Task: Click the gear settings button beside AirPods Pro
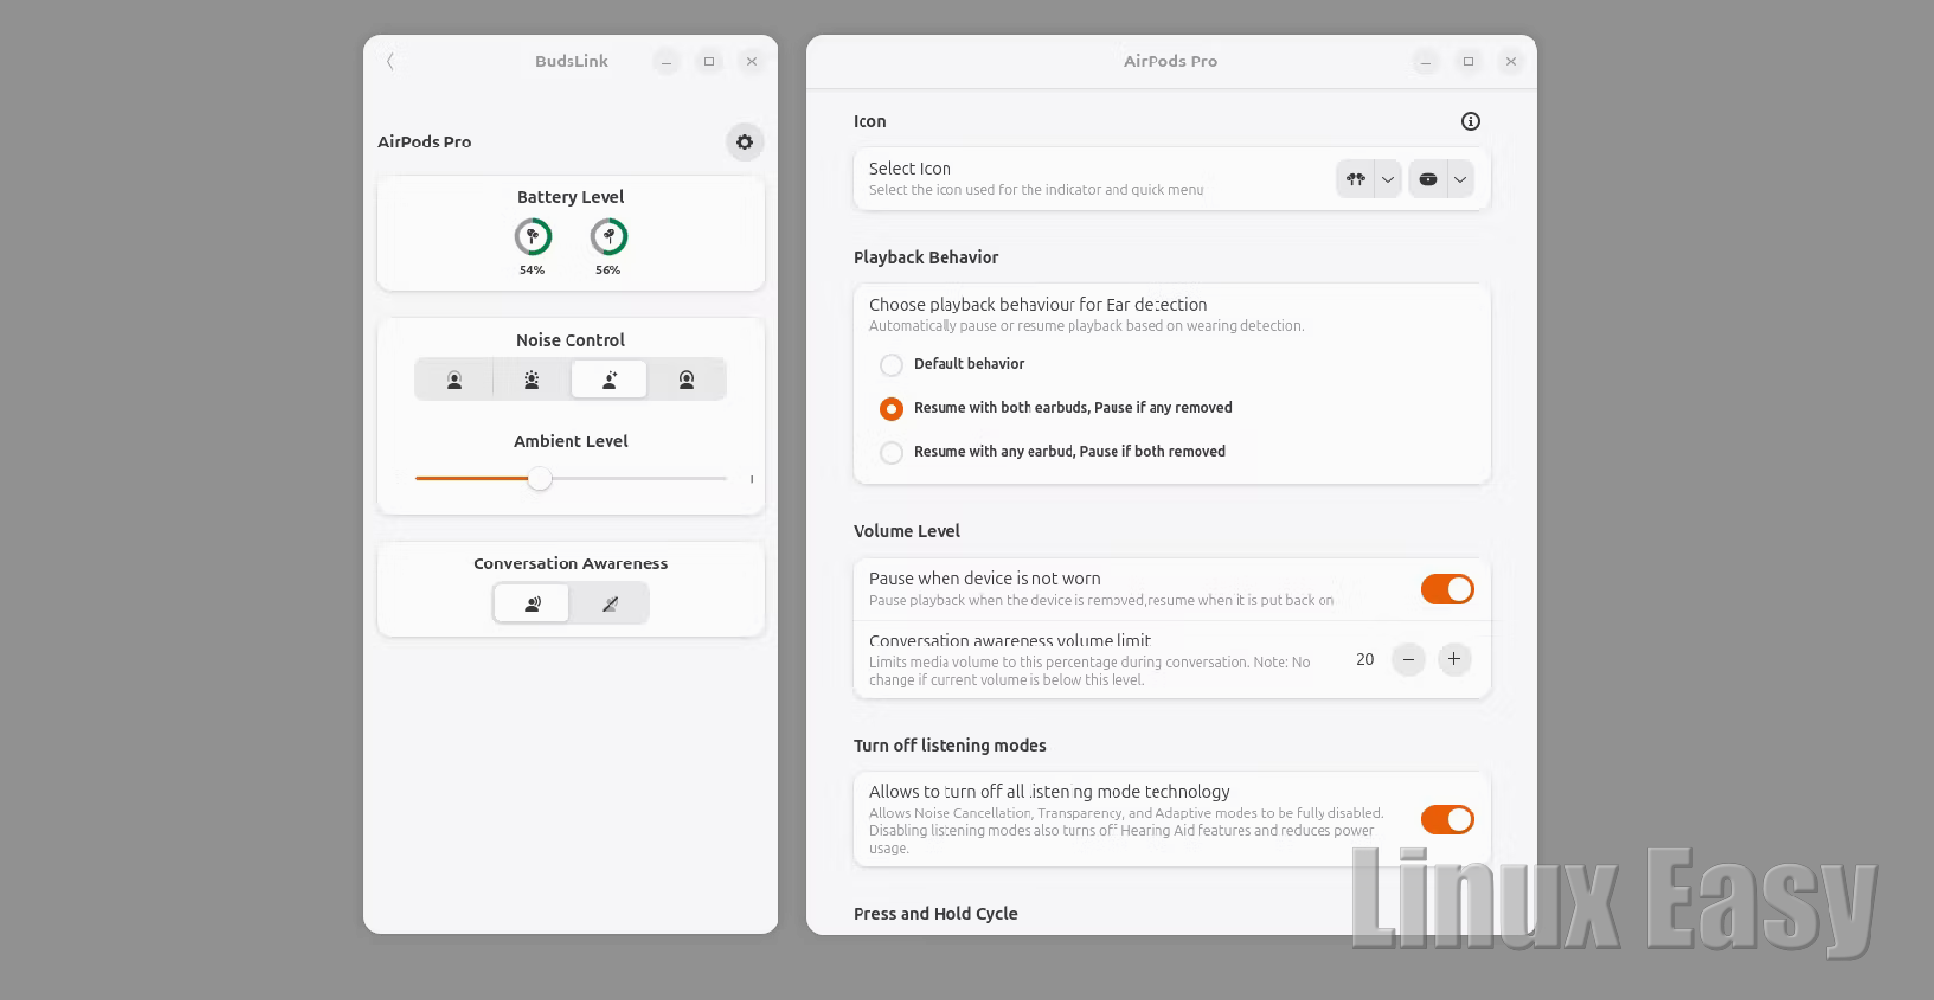click(744, 142)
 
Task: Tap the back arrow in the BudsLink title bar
click(390, 62)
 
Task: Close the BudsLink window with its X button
click(751, 62)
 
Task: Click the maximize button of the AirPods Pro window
click(1468, 62)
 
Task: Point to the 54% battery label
click(532, 271)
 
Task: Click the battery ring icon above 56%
click(609, 236)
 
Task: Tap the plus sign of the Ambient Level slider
click(752, 479)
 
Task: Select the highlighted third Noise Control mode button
click(609, 379)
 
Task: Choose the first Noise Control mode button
click(454, 379)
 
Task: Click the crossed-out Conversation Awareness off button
click(610, 604)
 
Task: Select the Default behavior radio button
click(891, 365)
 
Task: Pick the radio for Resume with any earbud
click(891, 453)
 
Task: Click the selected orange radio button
click(891, 409)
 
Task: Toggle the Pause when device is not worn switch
click(1447, 589)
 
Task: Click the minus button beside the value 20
click(1408, 659)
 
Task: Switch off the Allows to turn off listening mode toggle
click(1447, 819)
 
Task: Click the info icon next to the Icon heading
click(1470, 121)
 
